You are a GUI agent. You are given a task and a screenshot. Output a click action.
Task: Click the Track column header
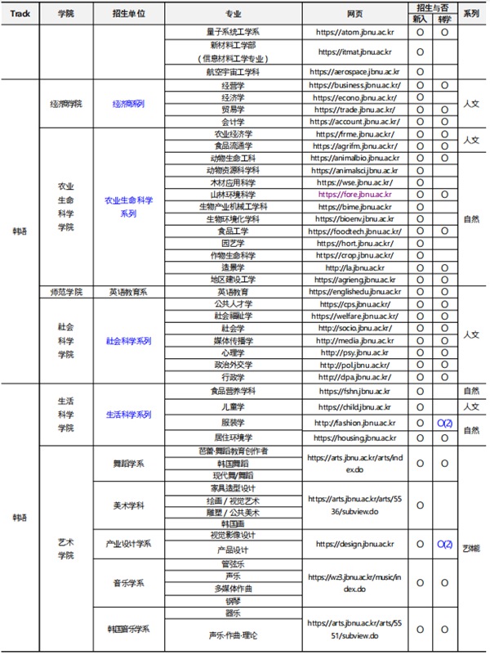click(x=20, y=14)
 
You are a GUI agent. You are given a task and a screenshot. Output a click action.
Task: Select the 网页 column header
click(x=355, y=14)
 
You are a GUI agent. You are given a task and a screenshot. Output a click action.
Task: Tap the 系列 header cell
click(x=470, y=14)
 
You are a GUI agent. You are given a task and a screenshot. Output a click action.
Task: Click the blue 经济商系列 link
click(x=128, y=103)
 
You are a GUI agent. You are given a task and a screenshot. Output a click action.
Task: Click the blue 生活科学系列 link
click(x=128, y=415)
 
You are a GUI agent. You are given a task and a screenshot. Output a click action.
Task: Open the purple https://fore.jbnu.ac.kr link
click(x=355, y=195)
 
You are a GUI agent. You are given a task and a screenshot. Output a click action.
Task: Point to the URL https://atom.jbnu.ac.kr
click(x=355, y=34)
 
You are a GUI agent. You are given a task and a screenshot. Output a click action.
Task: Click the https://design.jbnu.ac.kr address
click(x=355, y=543)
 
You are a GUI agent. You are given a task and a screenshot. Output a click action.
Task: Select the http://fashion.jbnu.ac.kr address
click(x=355, y=422)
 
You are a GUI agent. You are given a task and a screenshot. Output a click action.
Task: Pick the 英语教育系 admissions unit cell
click(x=128, y=291)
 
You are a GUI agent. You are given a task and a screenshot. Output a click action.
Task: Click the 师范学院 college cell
click(x=66, y=291)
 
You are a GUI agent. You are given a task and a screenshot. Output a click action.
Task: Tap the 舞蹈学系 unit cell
click(x=128, y=464)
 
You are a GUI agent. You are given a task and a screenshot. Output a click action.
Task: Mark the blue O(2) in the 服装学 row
click(x=444, y=422)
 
